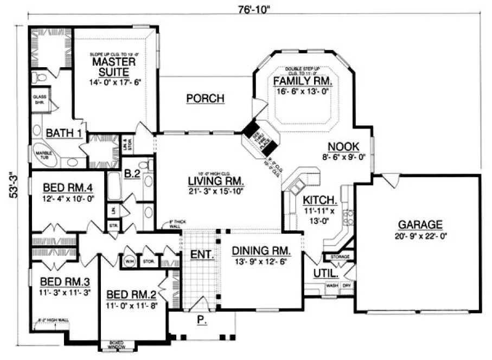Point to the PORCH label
pyautogui.click(x=205, y=99)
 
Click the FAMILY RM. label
pyautogui.click(x=303, y=81)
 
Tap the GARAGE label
pyautogui.click(x=420, y=224)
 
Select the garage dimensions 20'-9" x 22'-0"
pyautogui.click(x=420, y=236)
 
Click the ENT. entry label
pyautogui.click(x=202, y=254)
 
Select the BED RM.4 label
pyautogui.click(x=64, y=188)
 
